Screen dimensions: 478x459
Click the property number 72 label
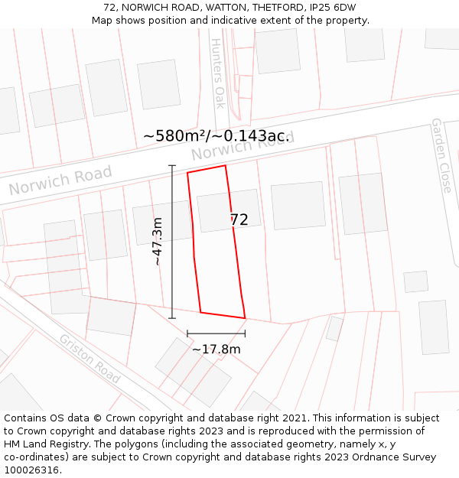tap(239, 219)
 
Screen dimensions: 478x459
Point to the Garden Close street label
tap(441, 155)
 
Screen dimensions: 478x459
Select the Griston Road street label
tap(90, 359)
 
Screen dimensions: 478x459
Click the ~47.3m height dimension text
tap(158, 241)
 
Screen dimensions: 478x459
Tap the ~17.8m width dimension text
tap(216, 350)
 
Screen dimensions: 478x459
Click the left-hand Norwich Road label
tap(60, 180)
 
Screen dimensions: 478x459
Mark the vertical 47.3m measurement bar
tap(172, 241)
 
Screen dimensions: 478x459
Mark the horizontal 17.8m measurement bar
tap(216, 333)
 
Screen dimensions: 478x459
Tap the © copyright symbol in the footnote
tap(97, 418)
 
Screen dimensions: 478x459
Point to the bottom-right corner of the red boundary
tap(245, 318)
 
